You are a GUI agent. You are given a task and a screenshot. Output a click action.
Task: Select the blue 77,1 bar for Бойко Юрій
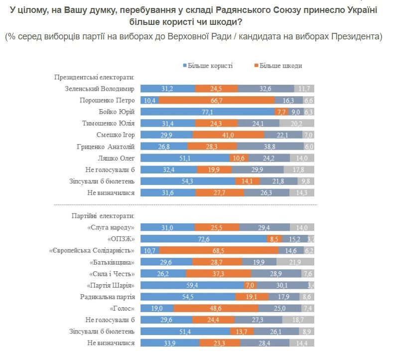207,112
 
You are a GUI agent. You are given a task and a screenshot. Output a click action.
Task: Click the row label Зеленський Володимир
100,89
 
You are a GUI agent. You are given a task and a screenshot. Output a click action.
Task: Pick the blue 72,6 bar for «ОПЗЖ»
203,239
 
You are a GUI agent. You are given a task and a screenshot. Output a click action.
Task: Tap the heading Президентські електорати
95,77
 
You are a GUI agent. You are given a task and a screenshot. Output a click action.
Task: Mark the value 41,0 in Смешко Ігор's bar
229,135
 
